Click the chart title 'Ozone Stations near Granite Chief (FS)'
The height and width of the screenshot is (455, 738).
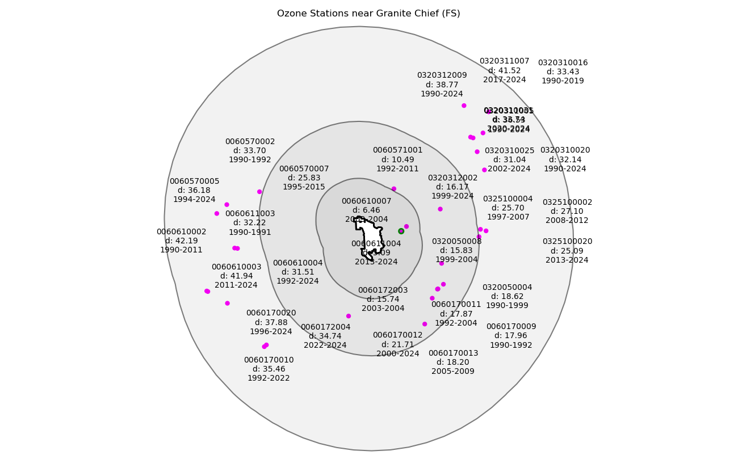[368, 13]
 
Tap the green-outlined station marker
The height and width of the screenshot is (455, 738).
[401, 231]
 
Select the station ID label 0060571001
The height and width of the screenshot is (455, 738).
[397, 150]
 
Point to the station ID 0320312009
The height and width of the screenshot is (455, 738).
[442, 75]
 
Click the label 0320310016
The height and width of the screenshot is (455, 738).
[563, 63]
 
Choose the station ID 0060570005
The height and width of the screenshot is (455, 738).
[194, 182]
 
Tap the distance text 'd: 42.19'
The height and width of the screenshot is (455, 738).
[182, 241]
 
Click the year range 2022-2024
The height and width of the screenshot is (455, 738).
[325, 345]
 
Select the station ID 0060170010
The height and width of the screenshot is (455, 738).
[269, 360]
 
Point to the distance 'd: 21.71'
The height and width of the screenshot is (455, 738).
[397, 344]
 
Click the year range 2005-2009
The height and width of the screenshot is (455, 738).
[453, 371]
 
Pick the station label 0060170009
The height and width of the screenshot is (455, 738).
[511, 327]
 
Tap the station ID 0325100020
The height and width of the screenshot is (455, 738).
[567, 242]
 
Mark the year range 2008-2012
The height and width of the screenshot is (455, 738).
[567, 220]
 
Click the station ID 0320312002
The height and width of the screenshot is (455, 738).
[452, 178]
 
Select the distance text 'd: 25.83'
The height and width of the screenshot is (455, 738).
[304, 178]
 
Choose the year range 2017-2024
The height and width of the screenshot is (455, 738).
[504, 79]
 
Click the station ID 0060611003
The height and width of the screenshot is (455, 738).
[250, 214]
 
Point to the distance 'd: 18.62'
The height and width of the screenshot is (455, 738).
[507, 296]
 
